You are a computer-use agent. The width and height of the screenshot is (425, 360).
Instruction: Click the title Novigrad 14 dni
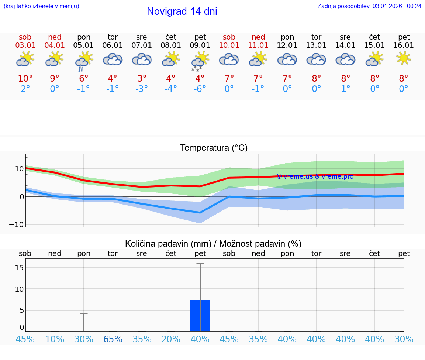point(182,11)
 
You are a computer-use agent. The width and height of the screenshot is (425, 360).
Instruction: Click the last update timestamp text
point(369,6)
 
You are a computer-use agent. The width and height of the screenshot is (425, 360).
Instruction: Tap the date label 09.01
point(200,45)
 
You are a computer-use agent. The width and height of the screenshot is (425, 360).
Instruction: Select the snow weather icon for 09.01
point(199,61)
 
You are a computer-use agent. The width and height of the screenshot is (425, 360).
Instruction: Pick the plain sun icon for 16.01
point(404,58)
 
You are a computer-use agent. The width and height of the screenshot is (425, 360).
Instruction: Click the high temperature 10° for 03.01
point(25,79)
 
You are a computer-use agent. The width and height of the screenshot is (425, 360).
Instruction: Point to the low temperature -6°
point(200,89)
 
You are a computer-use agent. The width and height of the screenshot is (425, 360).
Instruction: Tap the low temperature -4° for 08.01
point(170,89)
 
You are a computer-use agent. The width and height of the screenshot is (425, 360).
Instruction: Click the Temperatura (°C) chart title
point(214,148)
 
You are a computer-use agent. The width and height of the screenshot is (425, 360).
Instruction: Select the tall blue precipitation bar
point(200,315)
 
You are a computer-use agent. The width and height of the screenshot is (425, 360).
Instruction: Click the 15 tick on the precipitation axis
point(19,267)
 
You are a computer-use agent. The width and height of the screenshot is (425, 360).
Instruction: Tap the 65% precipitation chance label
point(113,339)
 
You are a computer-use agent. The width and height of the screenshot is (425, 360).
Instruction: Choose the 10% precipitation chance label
point(54,339)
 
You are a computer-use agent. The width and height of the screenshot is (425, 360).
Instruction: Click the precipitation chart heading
point(213,244)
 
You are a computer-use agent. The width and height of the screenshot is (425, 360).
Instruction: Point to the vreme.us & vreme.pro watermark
point(315,176)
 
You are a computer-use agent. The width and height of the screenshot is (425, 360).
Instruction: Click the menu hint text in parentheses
point(41,6)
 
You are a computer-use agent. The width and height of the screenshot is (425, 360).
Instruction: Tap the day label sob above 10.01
point(229,37)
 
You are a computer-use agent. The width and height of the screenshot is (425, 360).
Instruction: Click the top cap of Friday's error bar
point(200,263)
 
